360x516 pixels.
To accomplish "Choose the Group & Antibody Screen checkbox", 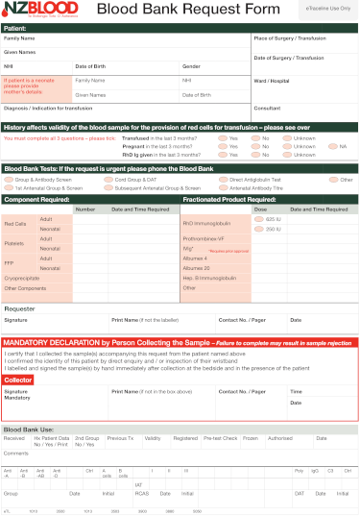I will pyautogui.click(x=9, y=180).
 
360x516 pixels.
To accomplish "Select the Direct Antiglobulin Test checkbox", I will pyautogui.click(x=223, y=180).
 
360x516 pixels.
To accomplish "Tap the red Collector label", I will pyautogui.click(x=18, y=381).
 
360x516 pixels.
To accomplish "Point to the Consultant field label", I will pyautogui.click(x=268, y=109).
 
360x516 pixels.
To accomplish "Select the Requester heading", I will pyautogui.click(x=20, y=307).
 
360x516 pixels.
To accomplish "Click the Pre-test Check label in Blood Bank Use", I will pyautogui.click(x=220, y=438).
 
